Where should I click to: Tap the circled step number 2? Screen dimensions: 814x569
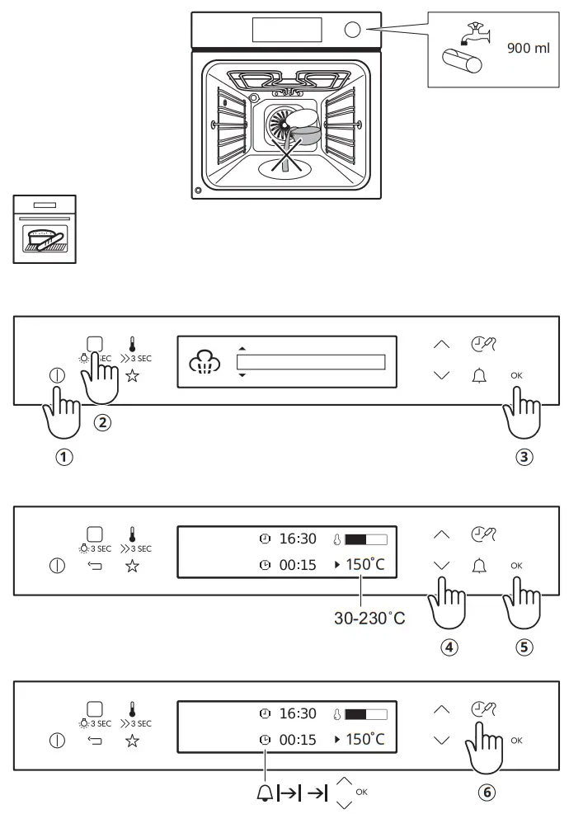coord(102,423)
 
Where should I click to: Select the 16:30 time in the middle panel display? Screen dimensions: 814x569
coord(298,539)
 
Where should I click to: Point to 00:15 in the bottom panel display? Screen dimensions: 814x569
coord(298,740)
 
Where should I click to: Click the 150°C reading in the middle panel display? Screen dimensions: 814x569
coord(364,566)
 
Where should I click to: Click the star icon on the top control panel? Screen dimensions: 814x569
coord(131,377)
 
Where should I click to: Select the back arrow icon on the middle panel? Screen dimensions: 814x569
coord(93,567)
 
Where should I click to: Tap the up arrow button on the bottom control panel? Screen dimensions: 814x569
coord(442,711)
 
